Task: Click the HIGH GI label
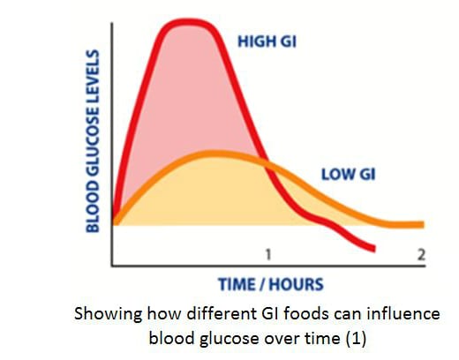[x=267, y=41]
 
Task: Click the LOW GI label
[x=349, y=175]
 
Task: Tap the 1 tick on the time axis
[x=268, y=255]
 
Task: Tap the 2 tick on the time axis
[x=421, y=255]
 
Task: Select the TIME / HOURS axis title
[x=271, y=284]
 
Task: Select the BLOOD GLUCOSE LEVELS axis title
[x=93, y=141]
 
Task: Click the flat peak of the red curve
[x=188, y=22]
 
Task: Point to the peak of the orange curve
[x=214, y=154]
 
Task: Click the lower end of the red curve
[x=374, y=249]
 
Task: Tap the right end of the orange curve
[x=423, y=225]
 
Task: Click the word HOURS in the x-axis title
[x=296, y=284]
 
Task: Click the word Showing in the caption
[x=108, y=315]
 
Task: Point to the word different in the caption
[x=222, y=313]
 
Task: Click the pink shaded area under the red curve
[x=188, y=88]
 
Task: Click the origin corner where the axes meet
[x=112, y=266]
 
